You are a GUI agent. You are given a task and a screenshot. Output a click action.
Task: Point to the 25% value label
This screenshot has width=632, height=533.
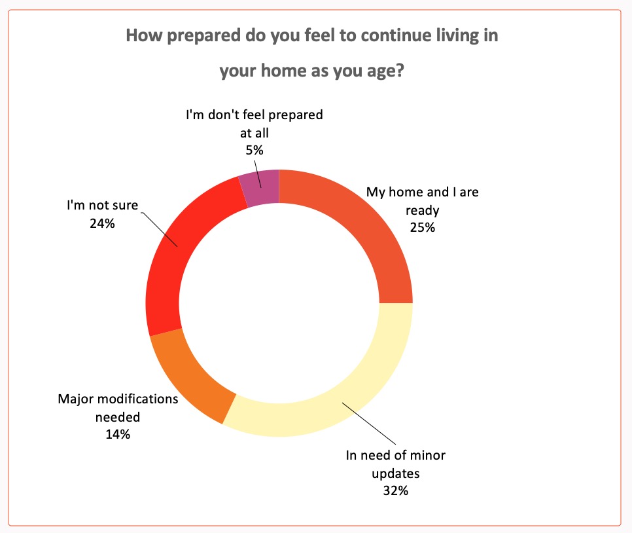[422, 228]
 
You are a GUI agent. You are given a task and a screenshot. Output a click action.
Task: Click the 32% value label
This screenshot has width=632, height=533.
[395, 489]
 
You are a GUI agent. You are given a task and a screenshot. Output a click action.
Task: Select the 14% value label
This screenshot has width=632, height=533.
[118, 433]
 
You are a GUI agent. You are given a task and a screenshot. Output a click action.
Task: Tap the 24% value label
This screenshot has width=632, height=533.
[102, 223]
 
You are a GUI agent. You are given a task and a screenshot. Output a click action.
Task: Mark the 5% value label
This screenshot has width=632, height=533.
[255, 150]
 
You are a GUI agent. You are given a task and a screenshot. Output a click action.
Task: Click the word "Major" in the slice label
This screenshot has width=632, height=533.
[77, 399]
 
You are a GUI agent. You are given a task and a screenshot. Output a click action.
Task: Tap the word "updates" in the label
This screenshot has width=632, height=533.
[395, 472]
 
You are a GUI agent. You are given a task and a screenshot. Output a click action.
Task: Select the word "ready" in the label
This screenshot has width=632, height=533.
[422, 211]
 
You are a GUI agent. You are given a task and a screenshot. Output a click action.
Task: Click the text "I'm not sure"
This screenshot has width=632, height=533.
[102, 205]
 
